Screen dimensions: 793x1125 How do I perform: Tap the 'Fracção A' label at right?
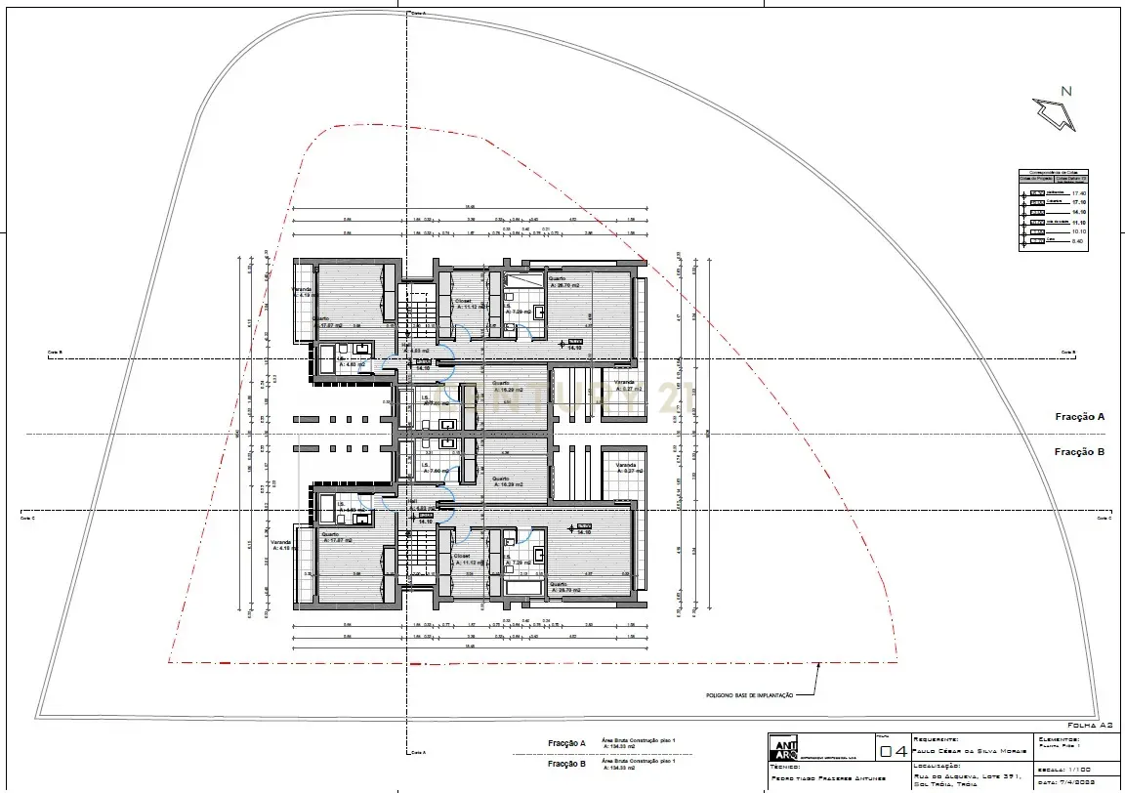(x=1079, y=417)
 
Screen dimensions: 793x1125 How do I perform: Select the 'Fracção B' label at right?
(x=1079, y=452)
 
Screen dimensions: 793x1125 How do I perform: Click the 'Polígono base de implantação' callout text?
(x=748, y=695)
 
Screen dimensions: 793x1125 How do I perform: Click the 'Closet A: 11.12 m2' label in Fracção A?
(x=471, y=304)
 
